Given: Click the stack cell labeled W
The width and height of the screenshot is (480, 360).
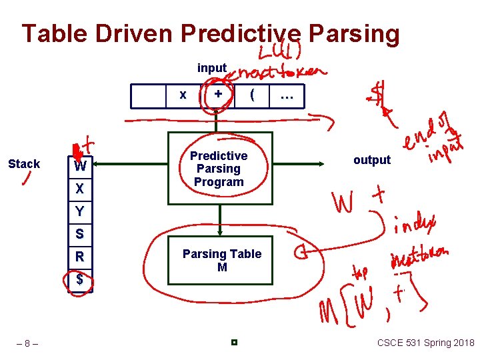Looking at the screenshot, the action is (80, 166).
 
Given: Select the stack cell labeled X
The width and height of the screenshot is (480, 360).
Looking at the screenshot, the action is (80, 189).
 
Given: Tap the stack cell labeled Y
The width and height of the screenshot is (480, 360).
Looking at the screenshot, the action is (80, 211).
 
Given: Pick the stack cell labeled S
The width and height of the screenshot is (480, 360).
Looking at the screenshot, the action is (80, 234).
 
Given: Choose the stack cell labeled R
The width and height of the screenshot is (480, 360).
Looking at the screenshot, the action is (80, 256).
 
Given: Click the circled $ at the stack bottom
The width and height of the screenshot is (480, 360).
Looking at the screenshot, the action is (80, 279).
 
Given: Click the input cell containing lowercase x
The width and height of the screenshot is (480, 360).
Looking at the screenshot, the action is (183, 95).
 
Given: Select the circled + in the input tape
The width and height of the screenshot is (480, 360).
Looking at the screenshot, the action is (218, 95).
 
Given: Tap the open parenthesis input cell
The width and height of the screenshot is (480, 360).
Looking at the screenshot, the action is (251, 95).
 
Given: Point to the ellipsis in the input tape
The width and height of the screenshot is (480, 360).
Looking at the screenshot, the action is (287, 96).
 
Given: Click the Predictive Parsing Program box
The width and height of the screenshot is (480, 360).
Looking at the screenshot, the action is (219, 169).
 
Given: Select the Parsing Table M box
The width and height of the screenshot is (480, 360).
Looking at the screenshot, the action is (221, 260).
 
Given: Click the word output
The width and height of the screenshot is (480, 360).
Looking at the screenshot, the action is (371, 160).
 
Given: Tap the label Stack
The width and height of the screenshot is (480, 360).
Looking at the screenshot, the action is (24, 164).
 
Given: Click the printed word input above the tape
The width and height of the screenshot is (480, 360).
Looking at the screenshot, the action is (212, 68).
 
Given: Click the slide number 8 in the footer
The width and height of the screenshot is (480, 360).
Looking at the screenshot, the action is (27, 344).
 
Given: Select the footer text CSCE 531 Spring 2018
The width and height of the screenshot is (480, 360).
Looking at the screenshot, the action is (425, 343).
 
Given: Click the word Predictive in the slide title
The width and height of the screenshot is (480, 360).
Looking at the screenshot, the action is (241, 33).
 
